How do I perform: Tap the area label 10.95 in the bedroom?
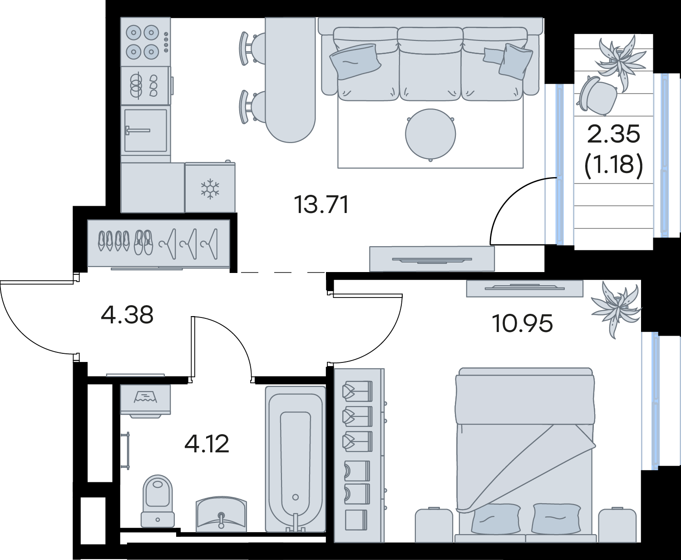pyautogui.click(x=522, y=323)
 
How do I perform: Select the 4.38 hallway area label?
pyautogui.click(x=127, y=315)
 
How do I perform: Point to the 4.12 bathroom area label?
pyautogui.click(x=207, y=444)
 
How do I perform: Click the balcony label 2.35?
pyautogui.click(x=613, y=134)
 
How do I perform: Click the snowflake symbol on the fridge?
pyautogui.click(x=210, y=188)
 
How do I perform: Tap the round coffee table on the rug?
pyautogui.click(x=430, y=134)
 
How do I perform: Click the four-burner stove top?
pyautogui.click(x=146, y=42)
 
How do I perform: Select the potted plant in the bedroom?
pyautogui.click(x=616, y=309)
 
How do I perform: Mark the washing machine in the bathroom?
pyautogui.click(x=145, y=401)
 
